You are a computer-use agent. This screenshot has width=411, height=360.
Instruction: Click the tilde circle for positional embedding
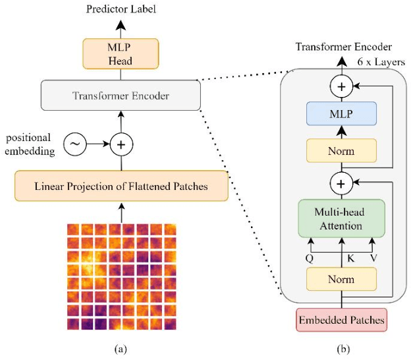75,142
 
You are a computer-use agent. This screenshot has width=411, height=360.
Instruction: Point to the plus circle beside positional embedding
121,142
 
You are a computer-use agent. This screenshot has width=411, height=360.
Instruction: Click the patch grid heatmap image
121,278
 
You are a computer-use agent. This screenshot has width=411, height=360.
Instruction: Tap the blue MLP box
341,114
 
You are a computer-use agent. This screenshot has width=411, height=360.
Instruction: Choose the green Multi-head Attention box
341,219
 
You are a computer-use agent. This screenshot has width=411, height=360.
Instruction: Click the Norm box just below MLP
341,151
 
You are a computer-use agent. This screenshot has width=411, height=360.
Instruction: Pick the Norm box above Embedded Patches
341,280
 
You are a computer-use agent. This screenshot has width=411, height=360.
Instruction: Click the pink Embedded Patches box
341,321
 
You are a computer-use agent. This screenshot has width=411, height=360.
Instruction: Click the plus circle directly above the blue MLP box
341,87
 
